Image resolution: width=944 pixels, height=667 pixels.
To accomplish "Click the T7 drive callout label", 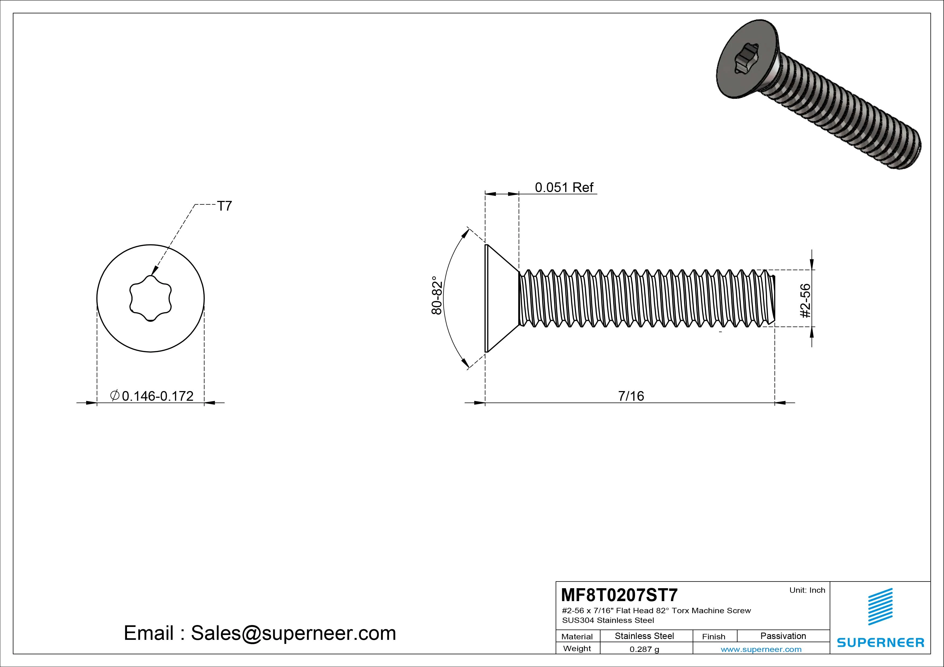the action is (x=224, y=206).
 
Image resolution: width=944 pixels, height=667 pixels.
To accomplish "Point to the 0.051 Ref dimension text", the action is (x=564, y=187).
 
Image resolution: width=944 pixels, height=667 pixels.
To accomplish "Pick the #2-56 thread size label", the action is (x=805, y=301).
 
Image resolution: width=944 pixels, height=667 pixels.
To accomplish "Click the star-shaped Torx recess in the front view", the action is (x=150, y=298).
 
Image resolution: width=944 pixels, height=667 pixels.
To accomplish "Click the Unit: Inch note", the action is (x=807, y=590).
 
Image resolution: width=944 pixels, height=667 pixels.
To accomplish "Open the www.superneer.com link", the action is (x=761, y=649).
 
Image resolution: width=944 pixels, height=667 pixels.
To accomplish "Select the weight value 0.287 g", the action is (x=644, y=649).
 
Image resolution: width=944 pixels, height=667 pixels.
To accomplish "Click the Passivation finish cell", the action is (x=783, y=636).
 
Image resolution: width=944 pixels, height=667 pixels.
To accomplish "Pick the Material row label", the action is (x=577, y=637).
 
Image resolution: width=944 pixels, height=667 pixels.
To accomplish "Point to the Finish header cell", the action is (x=713, y=637).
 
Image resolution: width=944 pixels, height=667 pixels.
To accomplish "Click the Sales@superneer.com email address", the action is (x=293, y=633).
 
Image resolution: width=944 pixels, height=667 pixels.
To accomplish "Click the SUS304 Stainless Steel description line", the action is (x=608, y=620).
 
